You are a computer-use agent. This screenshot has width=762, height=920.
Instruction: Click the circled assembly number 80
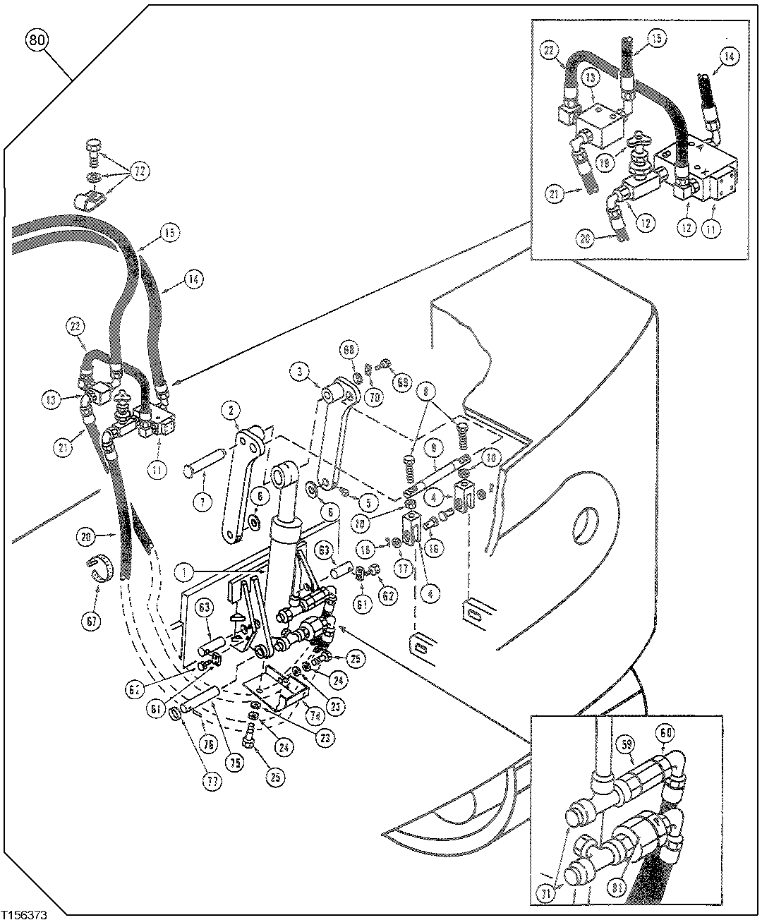click(x=38, y=40)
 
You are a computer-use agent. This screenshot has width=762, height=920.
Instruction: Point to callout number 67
click(x=93, y=621)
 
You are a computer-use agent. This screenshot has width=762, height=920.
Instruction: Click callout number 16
click(x=434, y=547)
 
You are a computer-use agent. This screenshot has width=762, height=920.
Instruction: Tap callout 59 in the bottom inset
click(x=624, y=743)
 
